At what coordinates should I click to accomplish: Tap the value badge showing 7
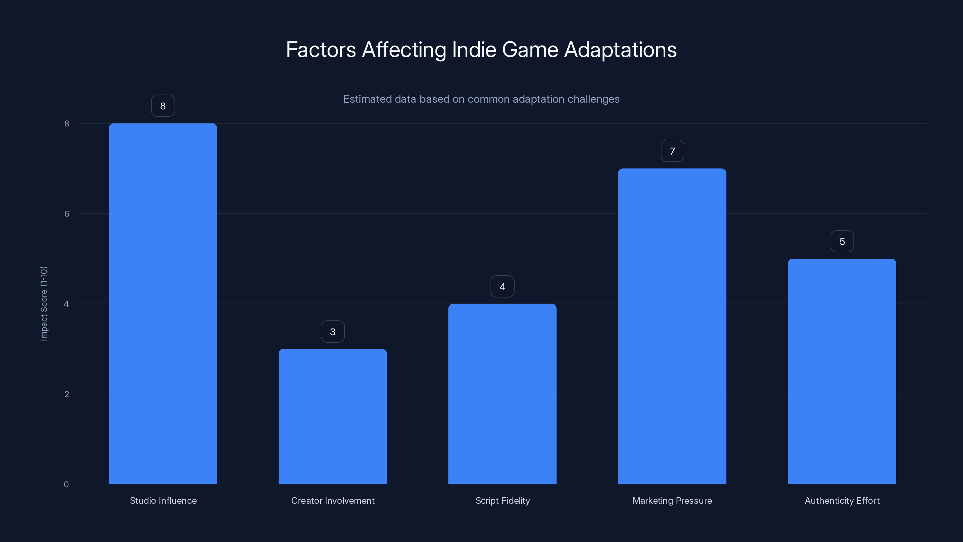[672, 151]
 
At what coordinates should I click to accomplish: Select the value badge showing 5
[842, 241]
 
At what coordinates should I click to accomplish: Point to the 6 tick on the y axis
[67, 213]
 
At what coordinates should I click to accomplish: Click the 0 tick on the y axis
[66, 484]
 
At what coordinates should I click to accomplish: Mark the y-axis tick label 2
[67, 394]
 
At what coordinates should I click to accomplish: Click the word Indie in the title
[474, 50]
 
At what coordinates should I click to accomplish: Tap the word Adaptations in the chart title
[620, 50]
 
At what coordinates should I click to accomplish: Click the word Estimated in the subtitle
[367, 99]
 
